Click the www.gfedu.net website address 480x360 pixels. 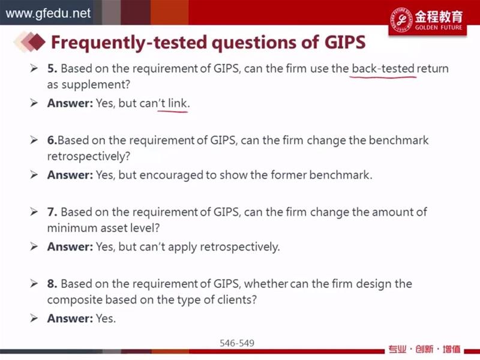(48, 13)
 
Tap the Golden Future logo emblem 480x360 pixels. (401, 20)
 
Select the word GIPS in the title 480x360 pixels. (345, 42)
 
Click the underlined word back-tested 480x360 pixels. (383, 68)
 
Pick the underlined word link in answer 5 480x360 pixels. (177, 103)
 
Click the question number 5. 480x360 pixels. (52, 68)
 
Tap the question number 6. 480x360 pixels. (52, 140)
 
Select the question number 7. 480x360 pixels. (52, 212)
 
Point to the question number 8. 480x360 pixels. (52, 284)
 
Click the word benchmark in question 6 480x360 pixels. (398, 140)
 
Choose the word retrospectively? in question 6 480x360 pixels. (89, 157)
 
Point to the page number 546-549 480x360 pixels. (237, 343)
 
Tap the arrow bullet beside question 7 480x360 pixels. (34, 212)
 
